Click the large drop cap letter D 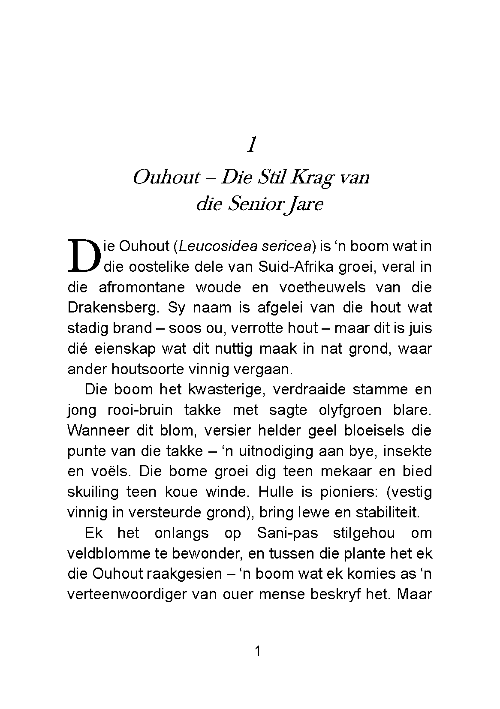click(84, 256)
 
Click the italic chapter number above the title click(252, 146)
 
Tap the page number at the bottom click(257, 652)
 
